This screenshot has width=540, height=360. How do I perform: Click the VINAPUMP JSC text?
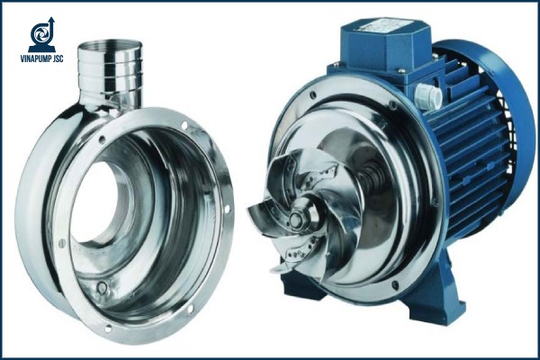pos(41,58)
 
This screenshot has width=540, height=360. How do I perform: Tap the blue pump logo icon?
pos(41,34)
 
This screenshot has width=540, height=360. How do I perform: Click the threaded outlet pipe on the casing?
pos(110,73)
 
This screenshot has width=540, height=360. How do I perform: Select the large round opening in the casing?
pos(97,202)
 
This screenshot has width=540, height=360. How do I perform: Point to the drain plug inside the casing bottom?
pos(102,287)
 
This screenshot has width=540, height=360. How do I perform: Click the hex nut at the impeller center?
pos(296,219)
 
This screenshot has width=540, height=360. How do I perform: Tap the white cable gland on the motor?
pos(428,95)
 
